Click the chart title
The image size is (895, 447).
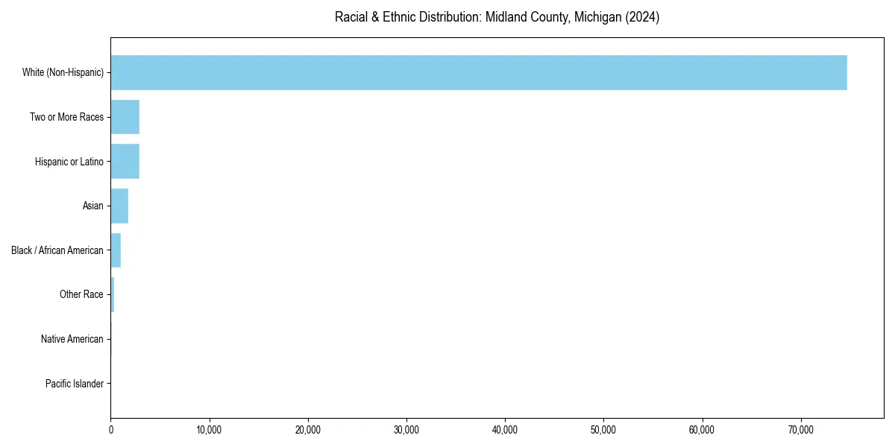[497, 17]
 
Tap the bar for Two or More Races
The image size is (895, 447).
[125, 117]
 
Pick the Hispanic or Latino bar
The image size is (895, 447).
[125, 162]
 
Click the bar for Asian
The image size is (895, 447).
[119, 206]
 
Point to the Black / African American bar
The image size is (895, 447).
[116, 250]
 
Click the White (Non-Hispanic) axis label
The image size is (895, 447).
[63, 72]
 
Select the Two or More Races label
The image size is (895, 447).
[66, 117]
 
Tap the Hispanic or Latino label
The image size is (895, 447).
[69, 162]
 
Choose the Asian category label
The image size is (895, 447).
[93, 206]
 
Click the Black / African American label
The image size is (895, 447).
[57, 250]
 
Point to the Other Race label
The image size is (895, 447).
[81, 294]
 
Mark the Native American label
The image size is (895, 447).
[72, 339]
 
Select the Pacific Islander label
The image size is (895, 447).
[75, 384]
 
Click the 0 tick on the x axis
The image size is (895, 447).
[111, 430]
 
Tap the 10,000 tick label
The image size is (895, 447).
[210, 430]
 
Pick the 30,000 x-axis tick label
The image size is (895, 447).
[406, 430]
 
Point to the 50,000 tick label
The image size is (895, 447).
[603, 430]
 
